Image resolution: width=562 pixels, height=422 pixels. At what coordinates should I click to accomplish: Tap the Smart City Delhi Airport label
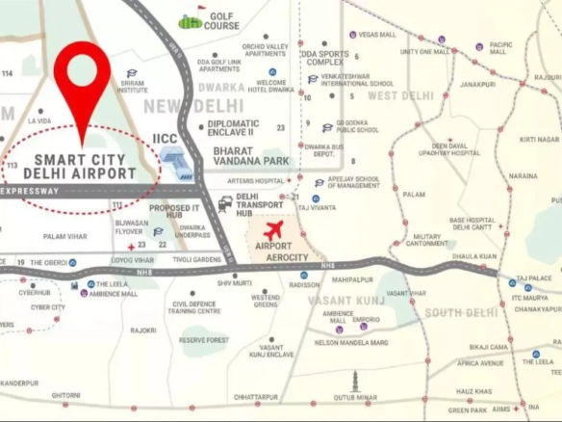(86, 166)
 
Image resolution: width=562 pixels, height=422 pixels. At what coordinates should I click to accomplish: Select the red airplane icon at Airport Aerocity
(274, 230)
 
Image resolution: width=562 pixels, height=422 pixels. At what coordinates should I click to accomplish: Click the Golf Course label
(221, 20)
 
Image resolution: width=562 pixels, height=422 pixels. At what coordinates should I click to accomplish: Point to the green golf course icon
(190, 20)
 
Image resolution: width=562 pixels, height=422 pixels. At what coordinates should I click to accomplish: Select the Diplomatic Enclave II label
(233, 127)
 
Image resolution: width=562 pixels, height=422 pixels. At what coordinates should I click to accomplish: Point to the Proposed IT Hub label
(174, 212)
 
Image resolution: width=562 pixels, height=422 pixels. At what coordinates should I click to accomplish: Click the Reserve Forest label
(204, 340)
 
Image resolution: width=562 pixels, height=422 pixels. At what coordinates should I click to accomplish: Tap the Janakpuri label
(477, 84)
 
